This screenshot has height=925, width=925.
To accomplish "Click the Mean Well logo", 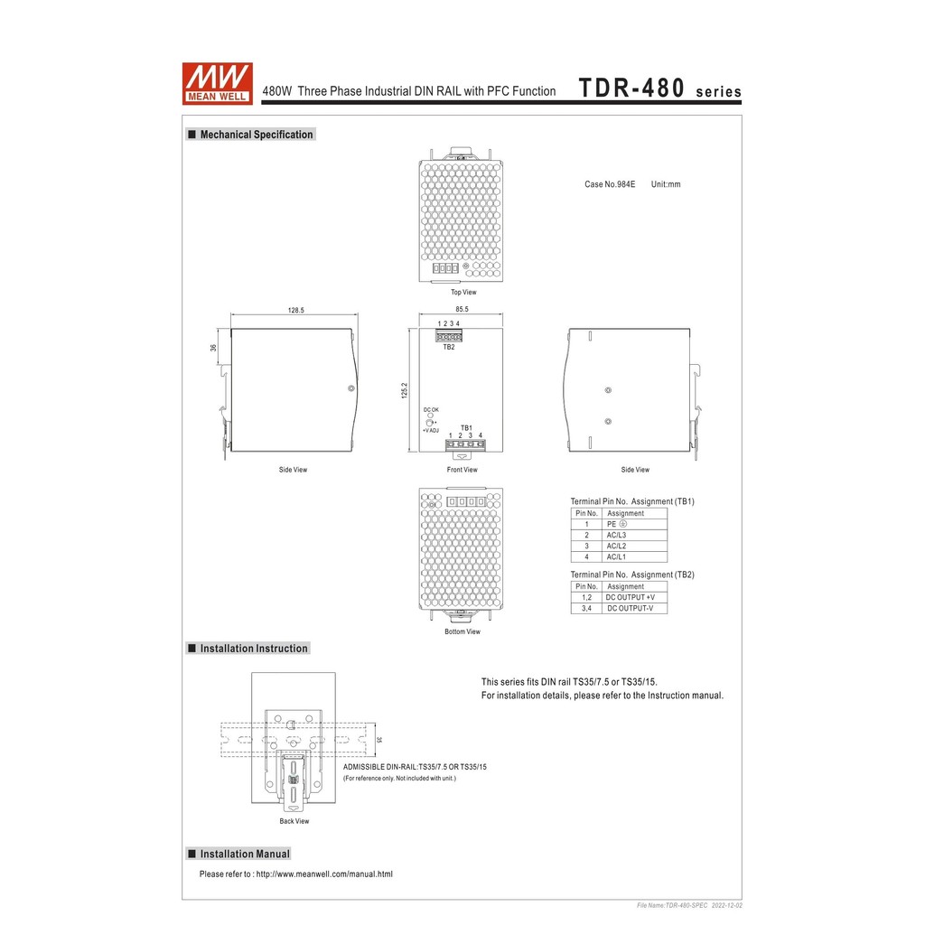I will (x=218, y=83).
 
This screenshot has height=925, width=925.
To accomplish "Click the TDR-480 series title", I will (x=659, y=89).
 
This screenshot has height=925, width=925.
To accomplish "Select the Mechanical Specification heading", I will (x=256, y=135).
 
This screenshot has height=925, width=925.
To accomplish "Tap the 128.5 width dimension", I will (x=296, y=310).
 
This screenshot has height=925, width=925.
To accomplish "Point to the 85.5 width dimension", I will (x=462, y=310).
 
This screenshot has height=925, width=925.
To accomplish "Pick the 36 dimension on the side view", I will (x=214, y=347).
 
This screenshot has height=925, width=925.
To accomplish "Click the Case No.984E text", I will (x=610, y=184).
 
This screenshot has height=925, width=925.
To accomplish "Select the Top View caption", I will (x=463, y=293).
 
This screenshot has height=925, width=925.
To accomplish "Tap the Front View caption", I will (x=462, y=470).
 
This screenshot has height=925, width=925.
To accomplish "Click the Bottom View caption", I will (x=462, y=631).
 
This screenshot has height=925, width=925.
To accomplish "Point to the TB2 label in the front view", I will (x=449, y=348).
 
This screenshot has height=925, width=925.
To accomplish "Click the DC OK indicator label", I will (x=431, y=409).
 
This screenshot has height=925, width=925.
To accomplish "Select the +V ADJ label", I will (x=431, y=430).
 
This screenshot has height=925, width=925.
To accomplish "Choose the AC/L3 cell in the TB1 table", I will (x=617, y=535).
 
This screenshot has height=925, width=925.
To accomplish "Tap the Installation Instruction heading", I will (x=254, y=649).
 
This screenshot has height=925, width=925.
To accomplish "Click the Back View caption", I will (x=294, y=821).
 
